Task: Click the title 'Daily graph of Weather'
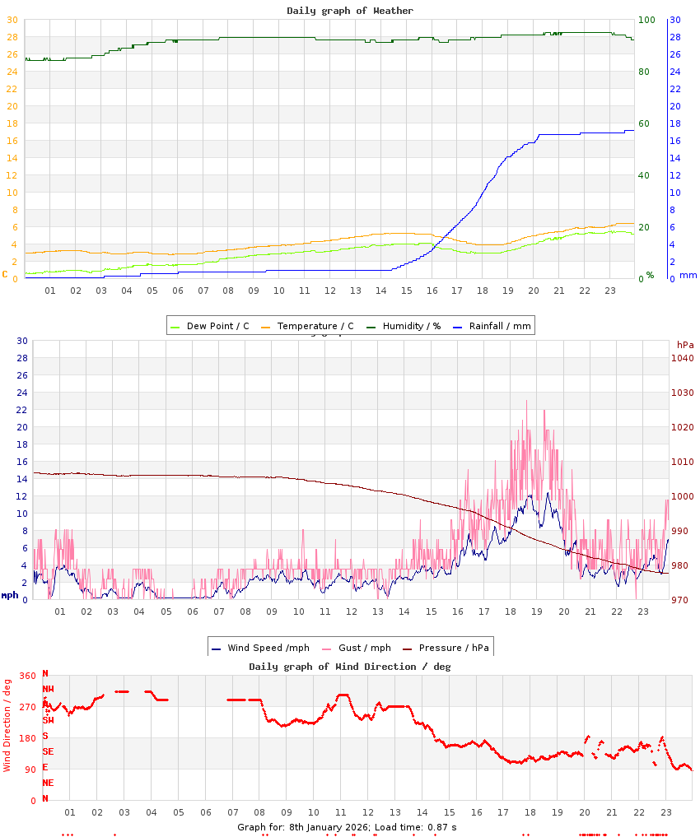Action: click(x=350, y=11)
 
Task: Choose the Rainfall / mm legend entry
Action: click(x=499, y=326)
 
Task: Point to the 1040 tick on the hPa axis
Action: click(x=684, y=358)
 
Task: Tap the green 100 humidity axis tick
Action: click(x=646, y=20)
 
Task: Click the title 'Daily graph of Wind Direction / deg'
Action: click(x=350, y=667)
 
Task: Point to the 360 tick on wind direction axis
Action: click(x=28, y=676)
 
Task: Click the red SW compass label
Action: click(x=48, y=720)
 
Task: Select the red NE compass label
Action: click(x=48, y=783)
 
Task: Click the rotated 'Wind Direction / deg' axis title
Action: click(x=7, y=724)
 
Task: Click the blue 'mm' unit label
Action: click(x=688, y=275)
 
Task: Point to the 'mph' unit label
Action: click(x=10, y=594)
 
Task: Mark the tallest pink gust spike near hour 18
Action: click(x=526, y=402)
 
